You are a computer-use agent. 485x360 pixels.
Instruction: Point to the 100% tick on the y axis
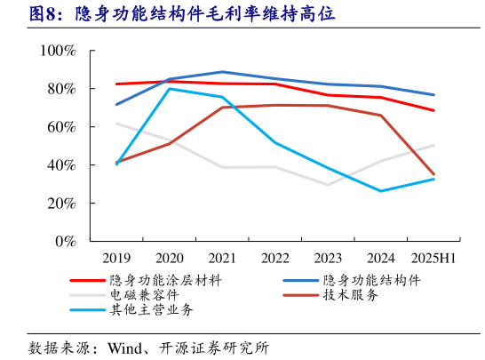(59, 51)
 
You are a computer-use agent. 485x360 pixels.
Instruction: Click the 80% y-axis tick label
(62, 89)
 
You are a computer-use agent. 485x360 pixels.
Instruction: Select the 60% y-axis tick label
(62, 127)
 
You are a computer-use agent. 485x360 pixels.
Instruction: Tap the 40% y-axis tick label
(62, 165)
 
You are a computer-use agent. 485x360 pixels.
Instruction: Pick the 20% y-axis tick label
(62, 204)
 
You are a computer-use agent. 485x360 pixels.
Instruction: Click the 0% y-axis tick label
(66, 242)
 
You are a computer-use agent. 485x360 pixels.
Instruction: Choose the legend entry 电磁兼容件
(142, 294)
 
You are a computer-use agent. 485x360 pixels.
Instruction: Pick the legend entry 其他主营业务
(152, 309)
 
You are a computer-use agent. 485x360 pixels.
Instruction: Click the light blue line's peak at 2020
(170, 89)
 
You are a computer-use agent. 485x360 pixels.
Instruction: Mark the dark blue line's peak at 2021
(222, 72)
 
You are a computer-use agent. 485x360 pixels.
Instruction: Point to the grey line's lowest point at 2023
(328, 185)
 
